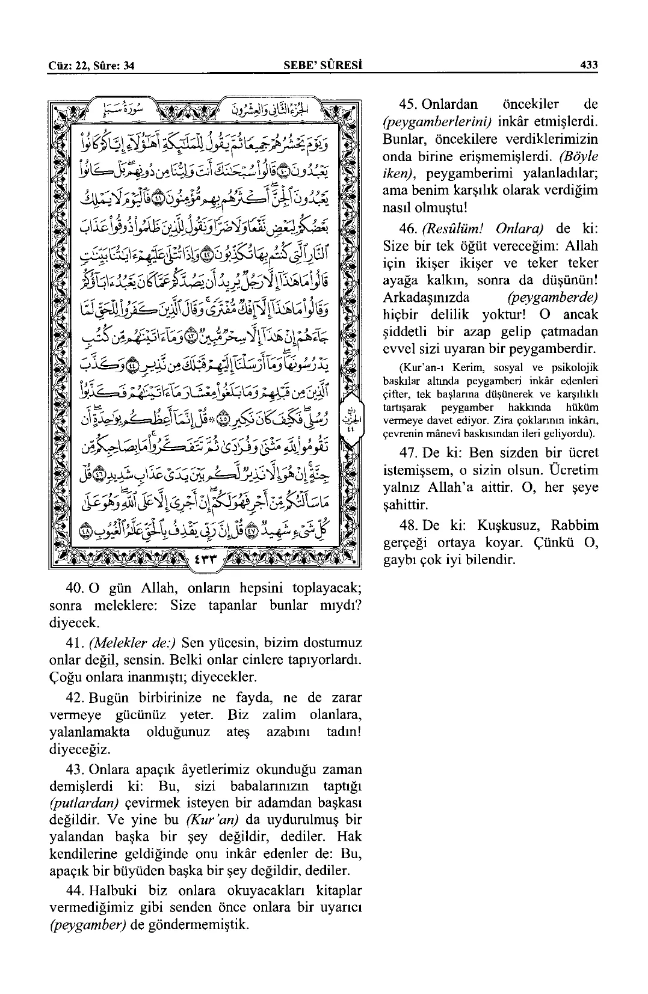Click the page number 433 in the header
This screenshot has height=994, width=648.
pos(588,66)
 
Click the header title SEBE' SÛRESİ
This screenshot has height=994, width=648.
pos(326,66)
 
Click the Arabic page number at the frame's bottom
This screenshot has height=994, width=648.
pos(203,559)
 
